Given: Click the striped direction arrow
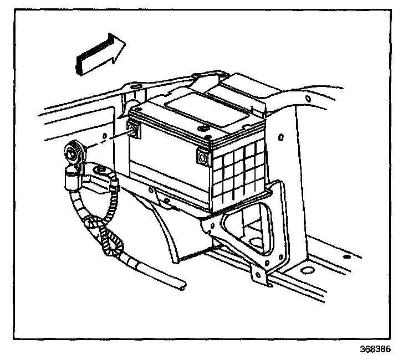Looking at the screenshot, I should [100, 53].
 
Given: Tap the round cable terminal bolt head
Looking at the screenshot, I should [73, 151].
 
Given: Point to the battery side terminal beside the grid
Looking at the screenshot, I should [203, 158].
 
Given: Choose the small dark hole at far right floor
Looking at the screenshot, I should [345, 258].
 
